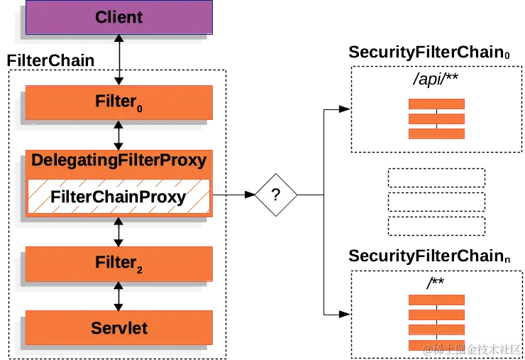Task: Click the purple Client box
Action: (118, 17)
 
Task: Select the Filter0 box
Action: (118, 102)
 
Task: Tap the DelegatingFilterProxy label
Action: (118, 160)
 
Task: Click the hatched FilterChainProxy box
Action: (118, 197)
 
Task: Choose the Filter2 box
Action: (118, 263)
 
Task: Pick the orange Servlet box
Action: (118, 327)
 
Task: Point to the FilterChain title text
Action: (50, 60)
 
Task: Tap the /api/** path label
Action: (436, 78)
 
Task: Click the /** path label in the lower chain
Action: (435, 283)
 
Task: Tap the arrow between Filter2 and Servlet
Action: (119, 295)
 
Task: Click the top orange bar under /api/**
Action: (436, 104)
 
